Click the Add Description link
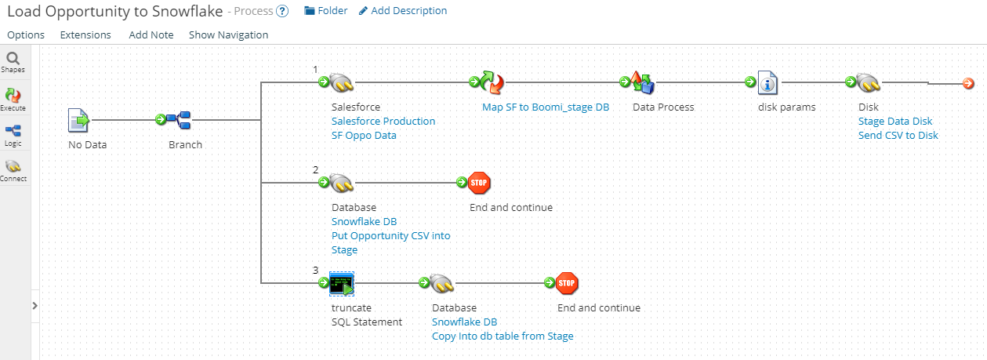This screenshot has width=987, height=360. tap(403, 11)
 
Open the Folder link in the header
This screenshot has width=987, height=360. tap(325, 11)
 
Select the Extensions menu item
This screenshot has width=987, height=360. tap(85, 35)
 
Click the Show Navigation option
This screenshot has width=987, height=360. tap(228, 35)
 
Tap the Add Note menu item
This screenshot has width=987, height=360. tap(151, 35)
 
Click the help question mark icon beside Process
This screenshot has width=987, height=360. tap(282, 11)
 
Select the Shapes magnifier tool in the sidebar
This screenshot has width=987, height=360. tap(13, 59)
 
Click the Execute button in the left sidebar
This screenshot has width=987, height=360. tap(13, 97)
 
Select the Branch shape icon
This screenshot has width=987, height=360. tap(183, 120)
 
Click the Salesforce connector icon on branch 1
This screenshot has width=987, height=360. tap(343, 82)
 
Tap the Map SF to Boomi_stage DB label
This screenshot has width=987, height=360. tap(545, 107)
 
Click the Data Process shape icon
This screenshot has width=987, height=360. tap(643, 82)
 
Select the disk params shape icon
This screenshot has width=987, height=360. tap(768, 82)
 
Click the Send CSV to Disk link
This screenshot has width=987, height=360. tap(898, 135)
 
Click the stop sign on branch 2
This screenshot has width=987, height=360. tap(479, 183)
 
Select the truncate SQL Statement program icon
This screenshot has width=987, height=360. tap(342, 283)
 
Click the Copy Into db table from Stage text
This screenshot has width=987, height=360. tap(503, 336)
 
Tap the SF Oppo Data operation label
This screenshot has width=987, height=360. tap(364, 135)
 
